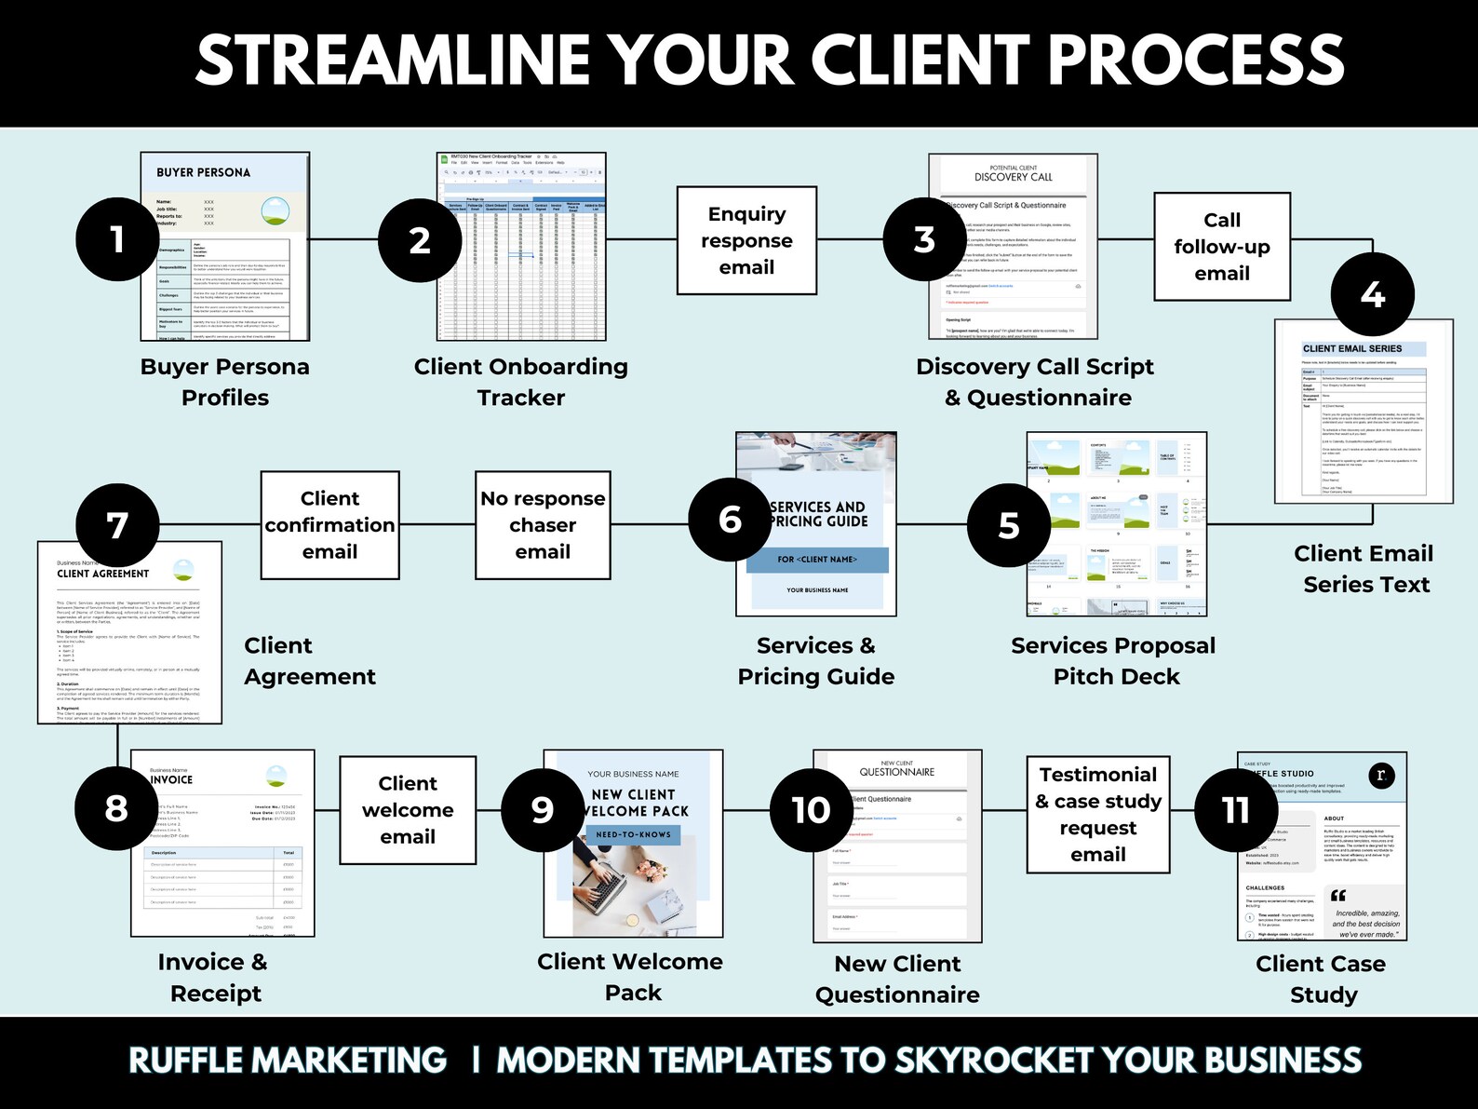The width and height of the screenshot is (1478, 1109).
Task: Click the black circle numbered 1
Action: pos(116,239)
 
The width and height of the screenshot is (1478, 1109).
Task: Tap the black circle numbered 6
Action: pos(730,519)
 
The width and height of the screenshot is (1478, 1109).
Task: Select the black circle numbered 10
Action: pos(811,810)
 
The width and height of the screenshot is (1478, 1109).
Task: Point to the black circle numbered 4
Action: pos(1372,294)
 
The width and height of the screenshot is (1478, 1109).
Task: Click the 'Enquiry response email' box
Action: pos(746,240)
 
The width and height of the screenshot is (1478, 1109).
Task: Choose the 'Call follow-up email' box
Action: pos(1221,247)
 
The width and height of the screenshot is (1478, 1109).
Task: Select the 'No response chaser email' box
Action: pos(543,525)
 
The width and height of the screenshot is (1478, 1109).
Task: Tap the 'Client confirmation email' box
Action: pos(329,525)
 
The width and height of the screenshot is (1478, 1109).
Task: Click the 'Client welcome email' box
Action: pos(408,810)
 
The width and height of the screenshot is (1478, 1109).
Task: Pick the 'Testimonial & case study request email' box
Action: pos(1098,815)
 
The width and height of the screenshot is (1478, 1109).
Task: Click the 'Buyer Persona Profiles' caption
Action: pos(225,382)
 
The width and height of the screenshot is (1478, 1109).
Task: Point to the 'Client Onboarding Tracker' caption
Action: pos(521,382)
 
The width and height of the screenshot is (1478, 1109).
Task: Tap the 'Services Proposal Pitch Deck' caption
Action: pos(1114,661)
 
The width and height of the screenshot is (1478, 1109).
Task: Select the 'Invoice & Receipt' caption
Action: pos(214,978)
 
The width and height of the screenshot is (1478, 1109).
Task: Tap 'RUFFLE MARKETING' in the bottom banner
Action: pos(288,1061)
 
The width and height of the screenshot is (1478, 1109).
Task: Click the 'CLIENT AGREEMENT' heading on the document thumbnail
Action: pos(102,574)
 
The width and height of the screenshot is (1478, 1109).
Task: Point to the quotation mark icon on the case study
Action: pos(1338,896)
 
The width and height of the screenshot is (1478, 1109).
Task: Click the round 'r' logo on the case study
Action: pos(1381,775)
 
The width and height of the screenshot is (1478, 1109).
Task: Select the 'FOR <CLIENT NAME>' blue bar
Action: pos(817,560)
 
